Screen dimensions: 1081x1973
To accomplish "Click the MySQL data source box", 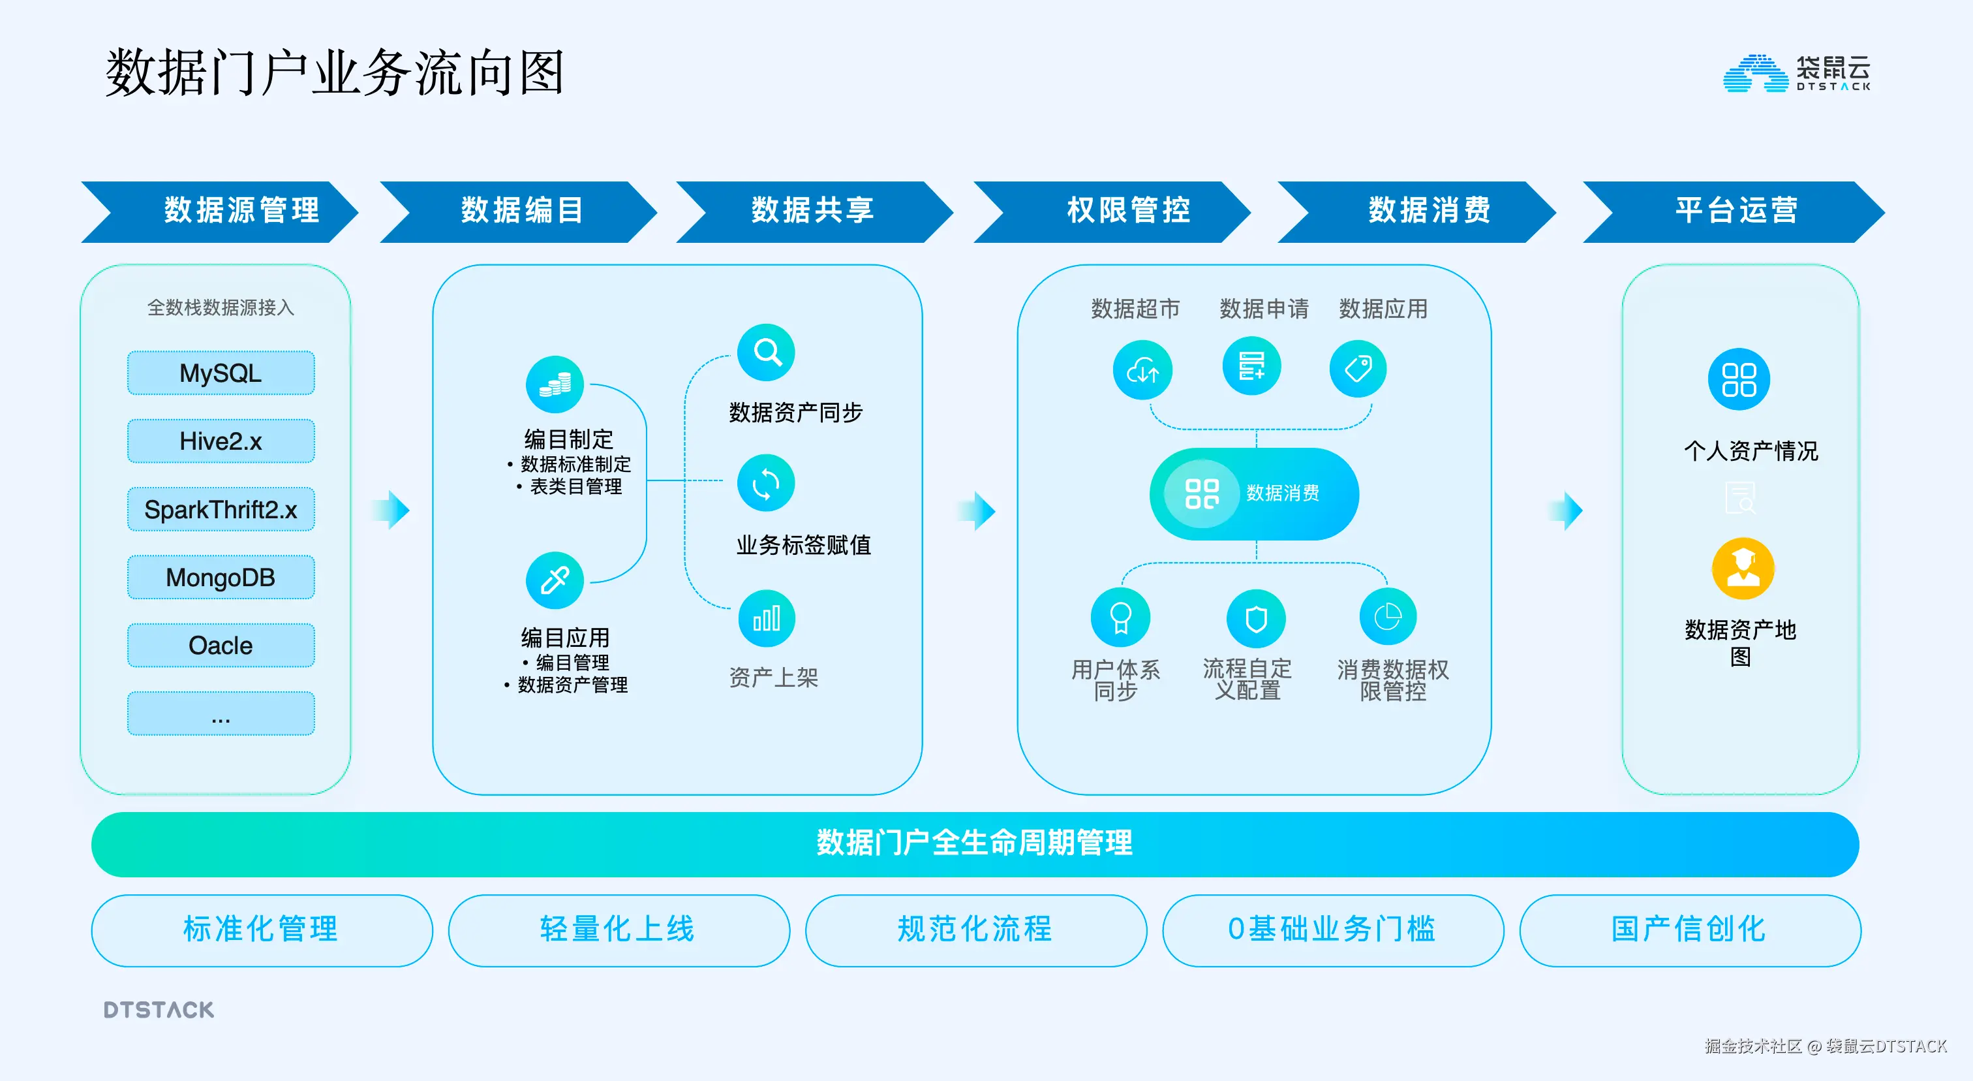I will [x=221, y=373].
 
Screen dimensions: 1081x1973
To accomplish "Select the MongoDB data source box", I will [x=221, y=577].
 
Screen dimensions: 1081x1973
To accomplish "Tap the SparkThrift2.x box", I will [x=221, y=509].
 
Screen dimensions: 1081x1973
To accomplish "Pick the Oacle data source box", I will [x=221, y=645].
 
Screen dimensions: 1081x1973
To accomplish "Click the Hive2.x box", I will [x=221, y=441].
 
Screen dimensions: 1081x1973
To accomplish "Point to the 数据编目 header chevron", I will [x=521, y=211].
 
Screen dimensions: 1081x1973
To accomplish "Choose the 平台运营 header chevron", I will [x=1735, y=211].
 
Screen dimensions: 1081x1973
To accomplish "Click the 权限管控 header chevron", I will [x=1127, y=211].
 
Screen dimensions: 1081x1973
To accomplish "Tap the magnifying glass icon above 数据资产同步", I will [x=766, y=352].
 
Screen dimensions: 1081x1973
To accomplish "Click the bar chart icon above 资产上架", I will [x=766, y=618].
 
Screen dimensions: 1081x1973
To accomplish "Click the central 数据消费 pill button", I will [x=1254, y=493].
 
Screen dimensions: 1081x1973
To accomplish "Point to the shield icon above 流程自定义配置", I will [x=1255, y=618].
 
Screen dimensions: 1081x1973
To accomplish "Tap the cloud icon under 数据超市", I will [x=1142, y=371].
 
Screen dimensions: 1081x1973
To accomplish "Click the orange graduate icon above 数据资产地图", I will [x=1743, y=569].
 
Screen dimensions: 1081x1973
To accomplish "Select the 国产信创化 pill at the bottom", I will [x=1690, y=930].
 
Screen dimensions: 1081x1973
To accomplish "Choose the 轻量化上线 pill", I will [x=618, y=930].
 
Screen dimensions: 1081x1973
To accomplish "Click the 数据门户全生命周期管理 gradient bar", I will [x=974, y=843].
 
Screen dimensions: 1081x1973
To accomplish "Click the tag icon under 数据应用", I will [x=1358, y=369].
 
